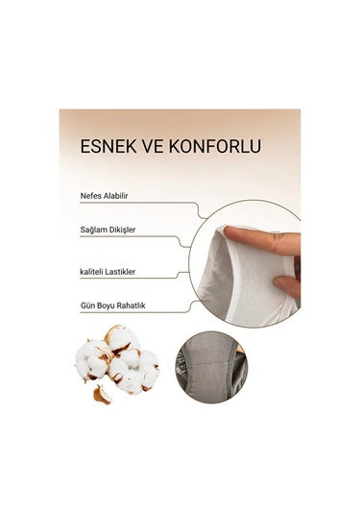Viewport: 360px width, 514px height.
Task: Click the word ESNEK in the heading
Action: click(x=108, y=149)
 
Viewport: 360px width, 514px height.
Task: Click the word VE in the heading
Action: click(x=156, y=149)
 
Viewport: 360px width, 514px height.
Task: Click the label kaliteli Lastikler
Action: click(x=110, y=271)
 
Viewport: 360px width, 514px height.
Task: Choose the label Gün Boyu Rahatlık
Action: click(x=113, y=308)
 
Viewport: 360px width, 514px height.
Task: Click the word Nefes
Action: click(x=93, y=195)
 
